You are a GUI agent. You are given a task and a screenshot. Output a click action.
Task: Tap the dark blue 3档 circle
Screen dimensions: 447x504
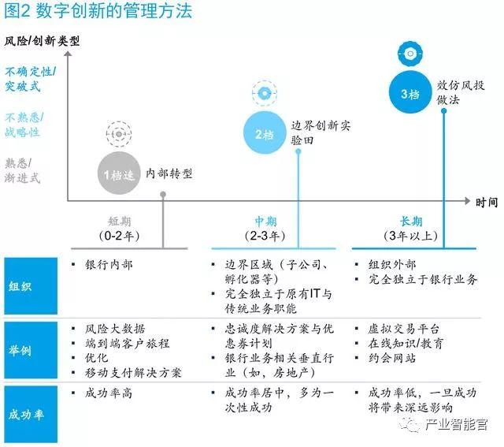pos(410,94)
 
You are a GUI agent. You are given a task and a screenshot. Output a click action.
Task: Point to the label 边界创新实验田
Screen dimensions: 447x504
pos(319,133)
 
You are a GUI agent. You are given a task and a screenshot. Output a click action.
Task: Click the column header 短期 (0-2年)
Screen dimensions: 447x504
pos(117,229)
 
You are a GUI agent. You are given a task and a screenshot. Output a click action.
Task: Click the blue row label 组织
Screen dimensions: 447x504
pos(29,288)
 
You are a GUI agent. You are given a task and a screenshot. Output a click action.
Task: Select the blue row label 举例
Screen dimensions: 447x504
pos(29,350)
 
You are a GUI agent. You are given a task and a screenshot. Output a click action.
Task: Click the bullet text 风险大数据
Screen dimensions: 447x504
pos(115,329)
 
